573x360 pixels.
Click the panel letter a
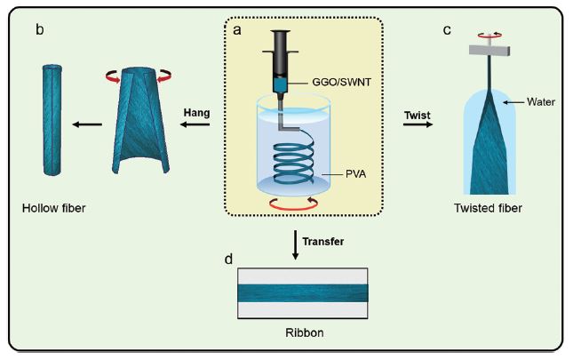tap(237, 29)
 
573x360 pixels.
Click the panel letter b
tap(40, 30)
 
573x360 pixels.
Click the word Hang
tap(195, 112)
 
